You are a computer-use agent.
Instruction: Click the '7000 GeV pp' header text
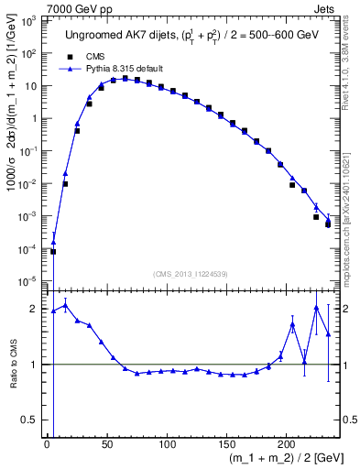click(x=77, y=7)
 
